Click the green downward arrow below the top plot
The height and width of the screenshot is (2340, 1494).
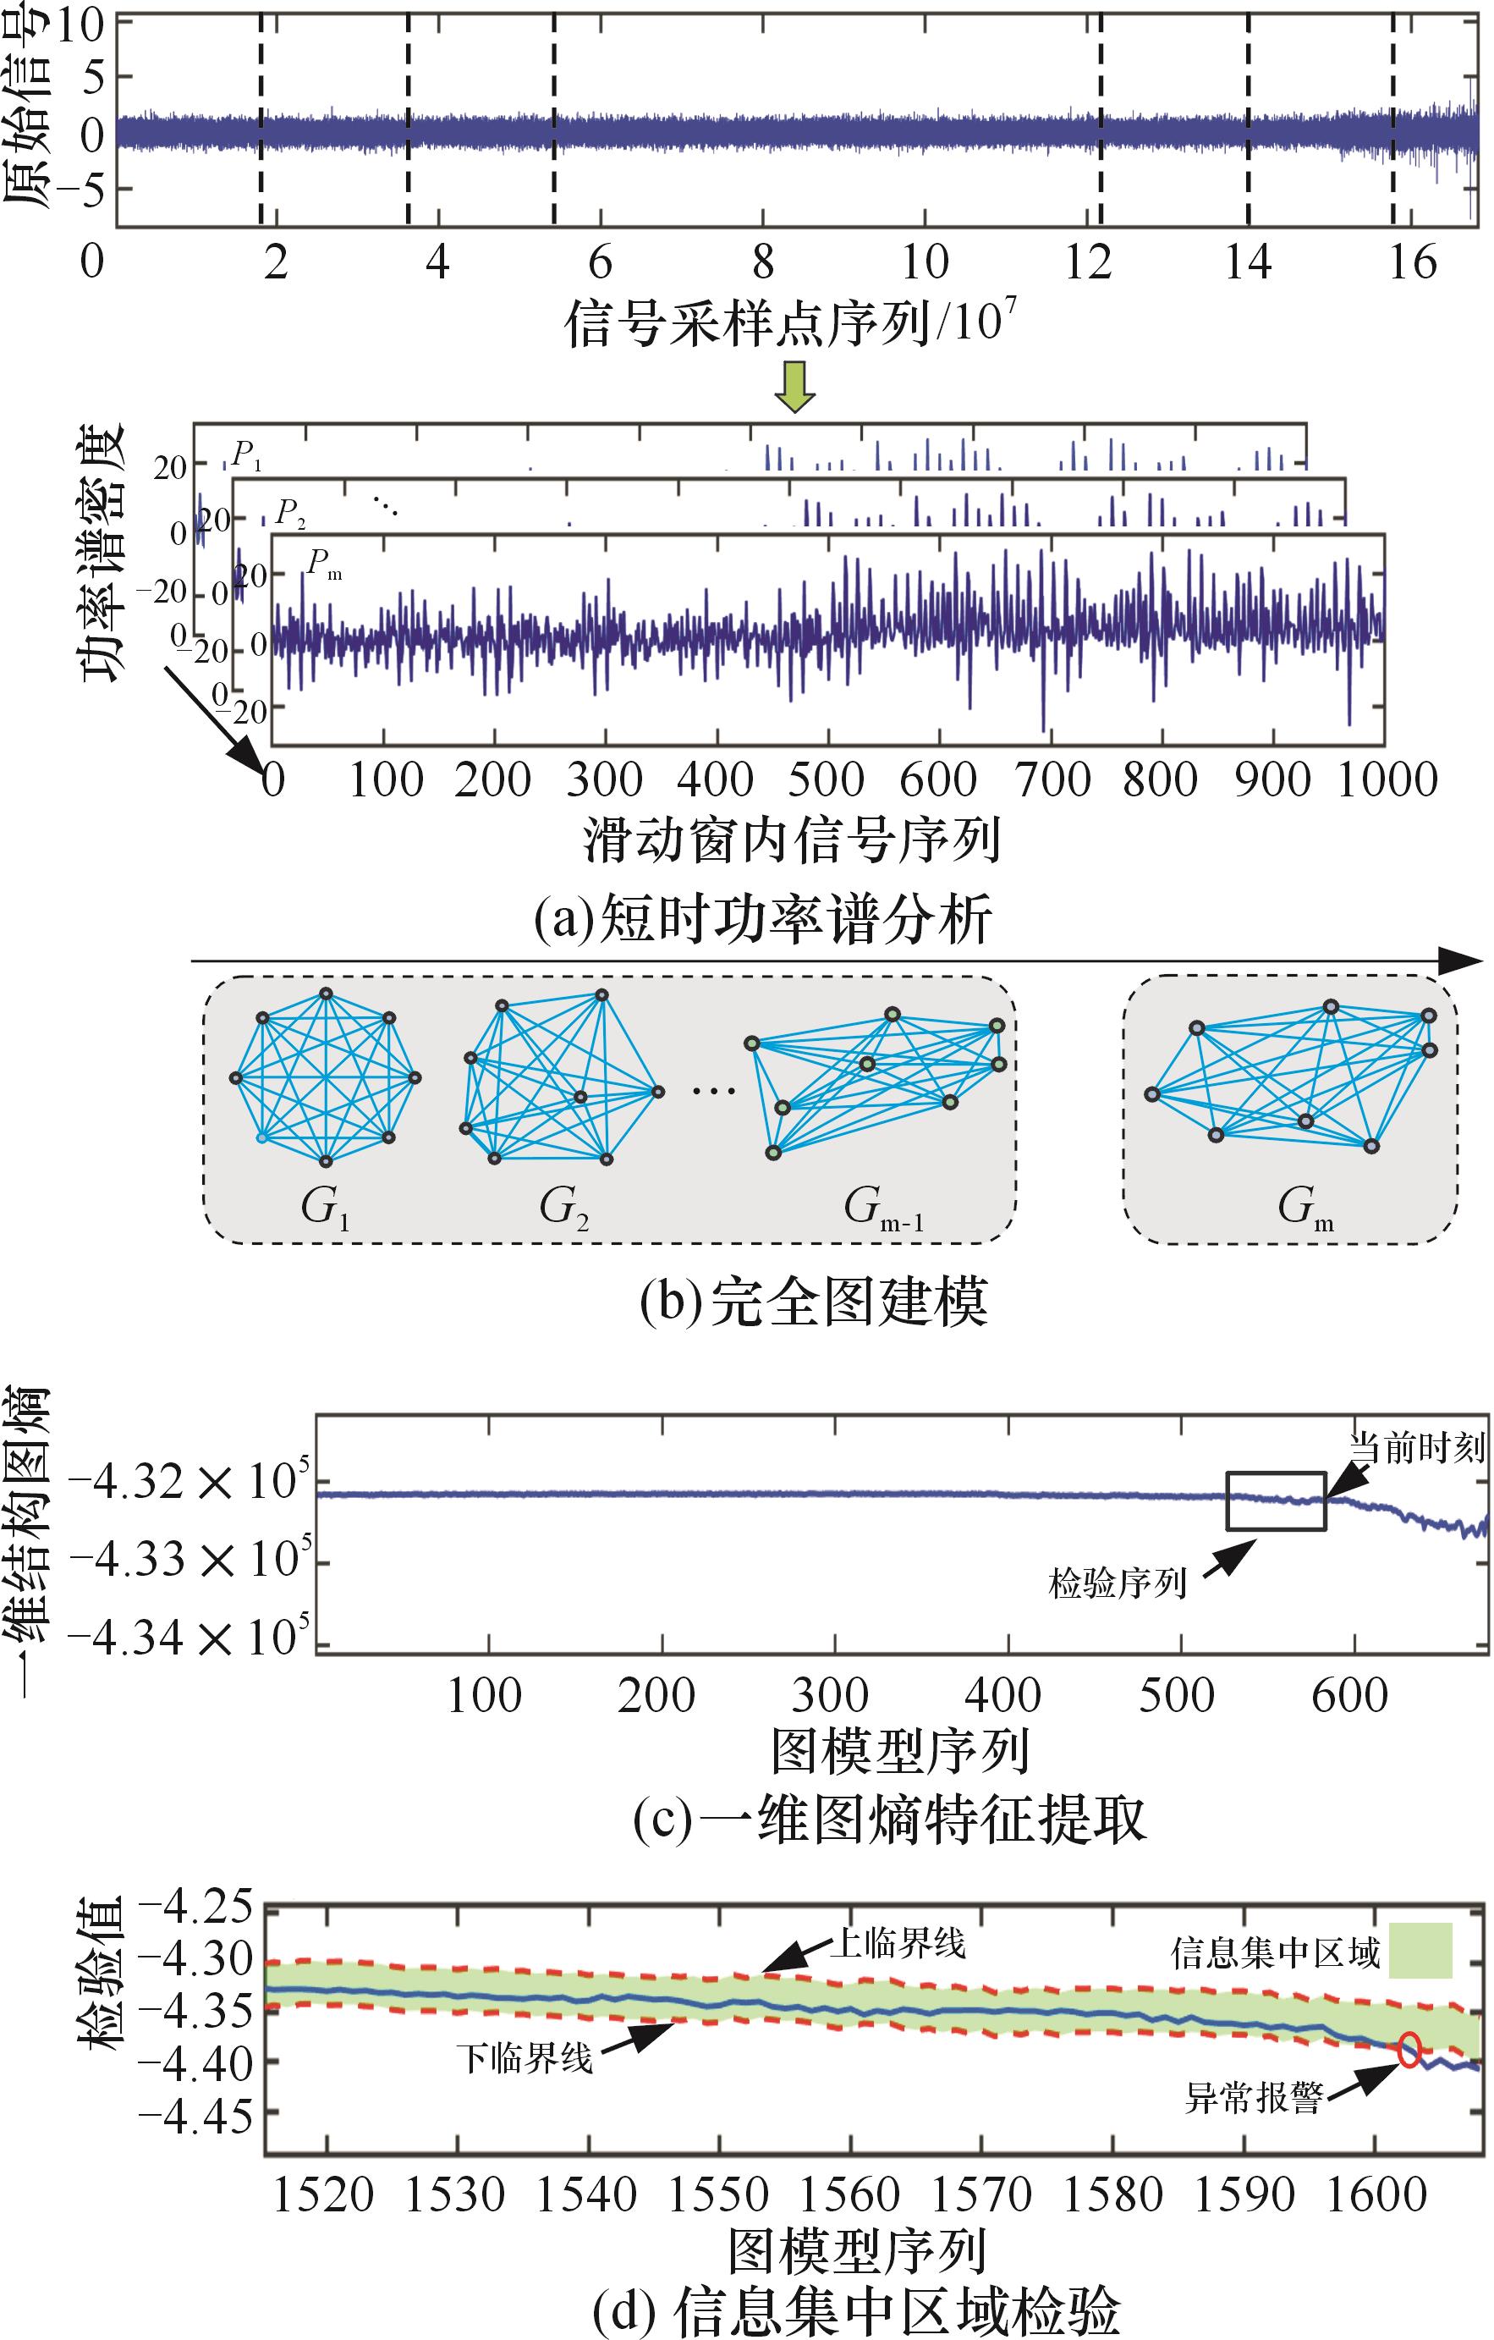click(795, 387)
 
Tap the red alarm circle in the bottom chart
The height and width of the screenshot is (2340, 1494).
click(1409, 2051)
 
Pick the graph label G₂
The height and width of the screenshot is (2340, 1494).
click(564, 1209)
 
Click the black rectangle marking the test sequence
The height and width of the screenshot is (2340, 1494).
click(1277, 1501)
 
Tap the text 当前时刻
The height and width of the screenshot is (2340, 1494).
click(1417, 1449)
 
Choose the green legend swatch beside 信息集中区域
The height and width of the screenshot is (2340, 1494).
click(1420, 1951)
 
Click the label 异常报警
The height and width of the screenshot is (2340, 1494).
click(1253, 2098)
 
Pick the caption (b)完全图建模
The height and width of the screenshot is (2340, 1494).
click(813, 1302)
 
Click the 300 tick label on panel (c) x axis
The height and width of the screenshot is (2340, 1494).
click(830, 1696)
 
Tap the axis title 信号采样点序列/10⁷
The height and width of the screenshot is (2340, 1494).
click(791, 322)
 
